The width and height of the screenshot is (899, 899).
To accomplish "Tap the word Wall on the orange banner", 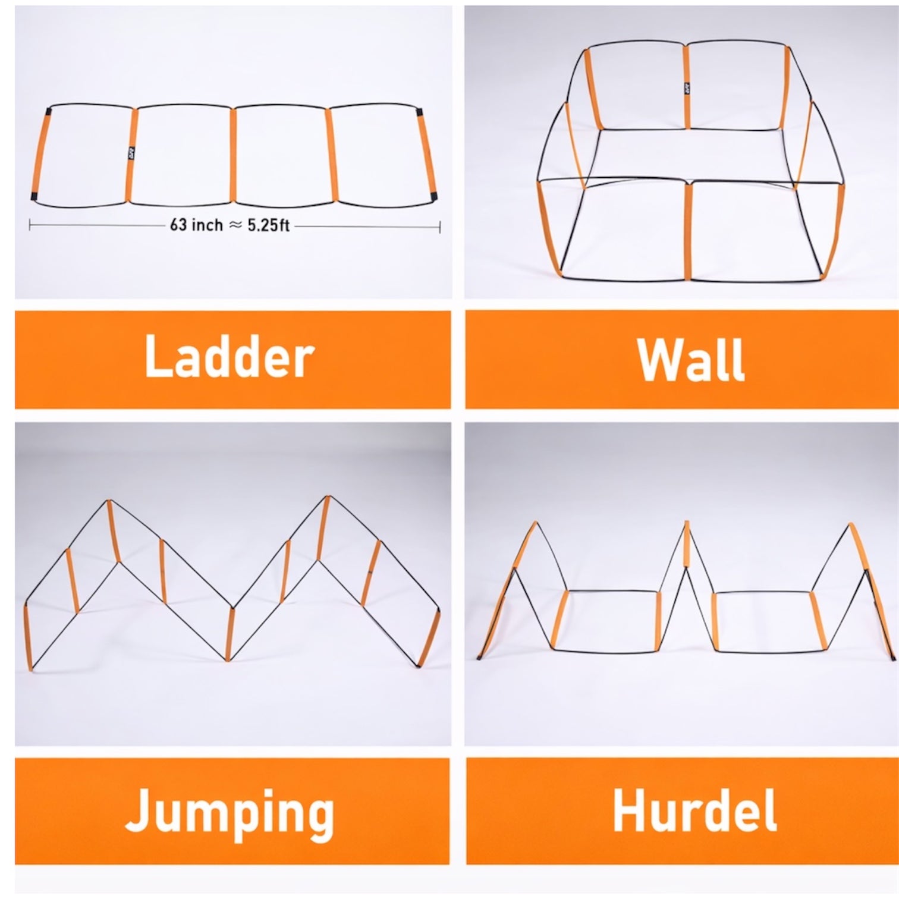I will pos(691,360).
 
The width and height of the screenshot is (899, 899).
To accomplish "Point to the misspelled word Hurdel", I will pos(694,811).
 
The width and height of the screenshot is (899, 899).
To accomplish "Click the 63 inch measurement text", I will pos(196,225).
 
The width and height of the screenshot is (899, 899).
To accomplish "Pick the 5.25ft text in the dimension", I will pos(268,225).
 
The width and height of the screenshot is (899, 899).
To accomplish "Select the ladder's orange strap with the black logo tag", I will pos(132,155).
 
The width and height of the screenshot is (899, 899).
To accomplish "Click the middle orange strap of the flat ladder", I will pos(232,155).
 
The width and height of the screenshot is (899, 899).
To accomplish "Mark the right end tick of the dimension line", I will pos(440,227).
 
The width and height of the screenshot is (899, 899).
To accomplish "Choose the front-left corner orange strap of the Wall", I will pos(548,229).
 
